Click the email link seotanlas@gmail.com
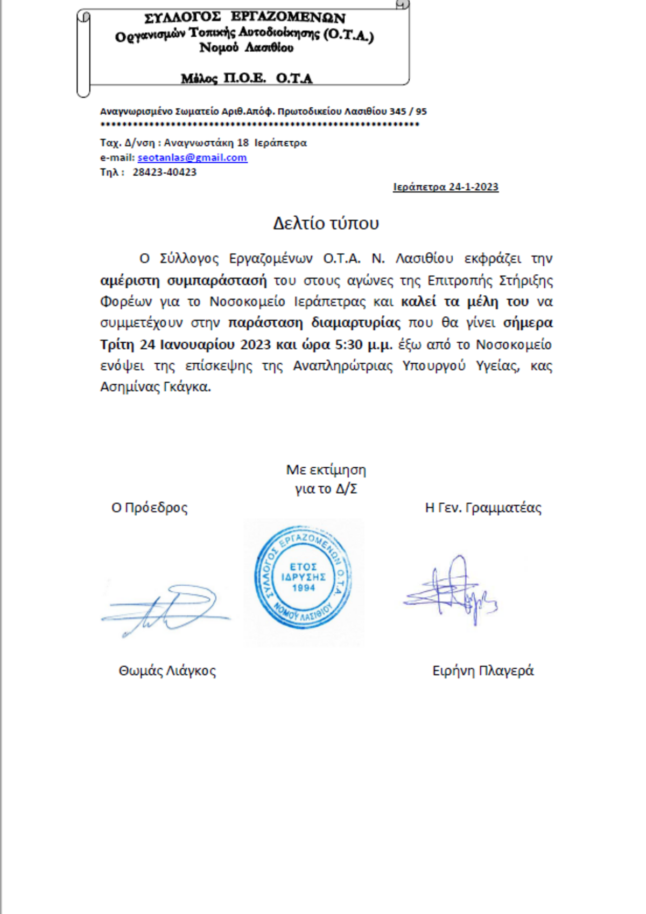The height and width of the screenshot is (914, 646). click(192, 158)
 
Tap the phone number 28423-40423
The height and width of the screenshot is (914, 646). click(164, 172)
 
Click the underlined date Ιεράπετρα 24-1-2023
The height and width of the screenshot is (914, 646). click(445, 187)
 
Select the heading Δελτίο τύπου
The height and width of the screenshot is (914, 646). click(326, 223)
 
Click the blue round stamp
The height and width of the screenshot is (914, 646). click(304, 578)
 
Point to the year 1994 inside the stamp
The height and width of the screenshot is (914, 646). click(304, 588)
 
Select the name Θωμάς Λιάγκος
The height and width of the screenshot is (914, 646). click(167, 671)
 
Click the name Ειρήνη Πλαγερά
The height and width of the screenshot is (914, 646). click(483, 671)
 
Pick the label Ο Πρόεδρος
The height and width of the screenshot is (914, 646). click(149, 508)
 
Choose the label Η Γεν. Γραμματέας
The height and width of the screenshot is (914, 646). click(483, 508)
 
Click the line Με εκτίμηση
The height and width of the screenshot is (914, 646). click(326, 470)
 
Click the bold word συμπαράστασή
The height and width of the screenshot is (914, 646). click(216, 280)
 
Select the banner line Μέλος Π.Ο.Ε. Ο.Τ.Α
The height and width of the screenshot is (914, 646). click(246, 79)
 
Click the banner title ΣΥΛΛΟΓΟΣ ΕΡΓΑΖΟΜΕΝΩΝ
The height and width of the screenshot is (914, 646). click(245, 18)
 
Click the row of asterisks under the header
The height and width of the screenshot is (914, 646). click(259, 125)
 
